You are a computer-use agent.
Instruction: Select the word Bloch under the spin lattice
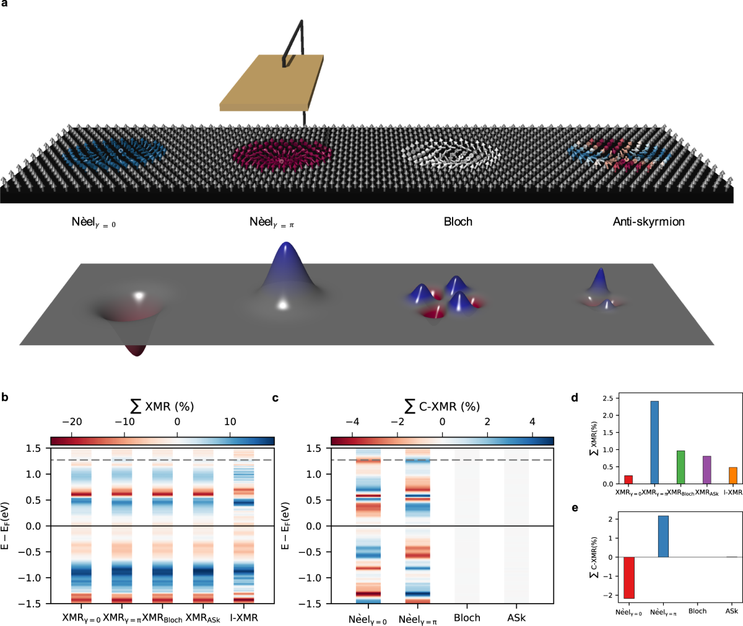point(458,222)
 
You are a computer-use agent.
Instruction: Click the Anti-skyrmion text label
point(648,222)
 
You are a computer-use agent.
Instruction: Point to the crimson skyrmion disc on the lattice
point(280,155)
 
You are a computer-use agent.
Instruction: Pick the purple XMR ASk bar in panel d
point(706,470)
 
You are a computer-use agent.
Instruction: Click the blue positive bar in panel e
point(663,536)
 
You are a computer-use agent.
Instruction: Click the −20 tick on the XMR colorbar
point(72,422)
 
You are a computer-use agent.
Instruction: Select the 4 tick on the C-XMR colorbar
point(532,422)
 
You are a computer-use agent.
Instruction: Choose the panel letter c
point(276,397)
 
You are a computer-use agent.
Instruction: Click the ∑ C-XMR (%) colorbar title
point(442,407)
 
